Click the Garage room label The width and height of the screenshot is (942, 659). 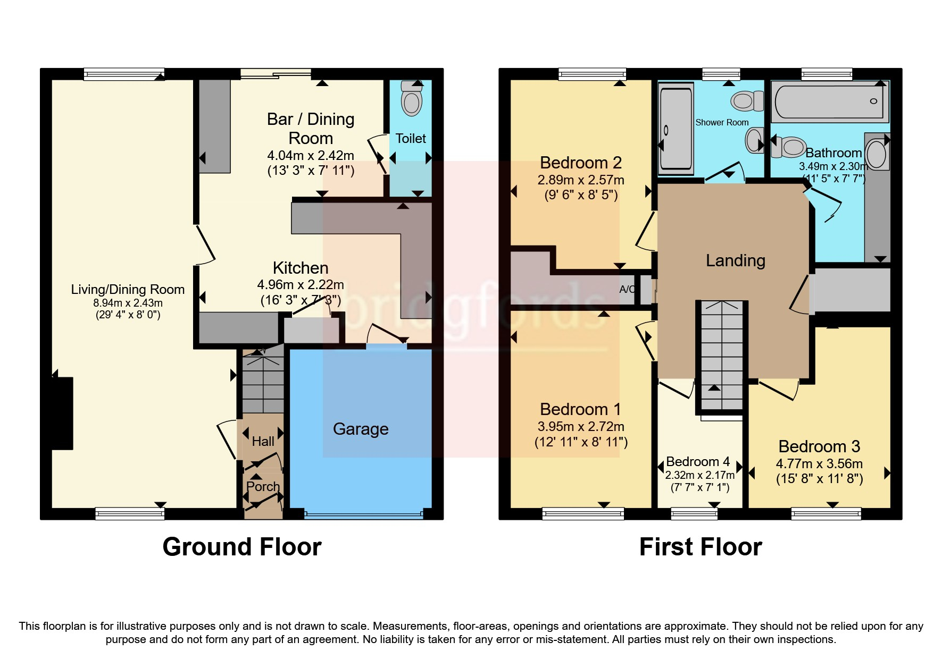[361, 429]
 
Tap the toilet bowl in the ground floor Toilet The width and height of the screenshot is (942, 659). [412, 101]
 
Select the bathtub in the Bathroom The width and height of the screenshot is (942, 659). [830, 101]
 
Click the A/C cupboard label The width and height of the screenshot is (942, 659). [627, 290]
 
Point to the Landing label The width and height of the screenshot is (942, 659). [735, 260]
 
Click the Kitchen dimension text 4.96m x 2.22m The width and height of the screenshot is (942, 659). [301, 285]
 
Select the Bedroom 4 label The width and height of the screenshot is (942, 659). [697, 461]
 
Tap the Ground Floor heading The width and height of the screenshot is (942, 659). [241, 547]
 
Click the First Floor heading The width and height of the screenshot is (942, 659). [700, 547]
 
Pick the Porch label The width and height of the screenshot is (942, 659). [263, 486]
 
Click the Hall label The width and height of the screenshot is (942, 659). [263, 441]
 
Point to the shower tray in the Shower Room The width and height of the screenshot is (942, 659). [676, 129]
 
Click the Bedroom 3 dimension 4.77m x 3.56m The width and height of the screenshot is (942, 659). [819, 463]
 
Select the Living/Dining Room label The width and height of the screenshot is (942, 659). [128, 290]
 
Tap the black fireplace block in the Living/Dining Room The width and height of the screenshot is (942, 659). [62, 413]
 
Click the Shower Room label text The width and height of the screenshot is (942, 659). [722, 123]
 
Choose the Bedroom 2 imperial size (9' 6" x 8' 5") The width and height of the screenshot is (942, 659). [581, 195]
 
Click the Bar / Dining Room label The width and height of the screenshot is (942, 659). [311, 129]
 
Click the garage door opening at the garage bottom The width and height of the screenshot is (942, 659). [363, 514]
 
